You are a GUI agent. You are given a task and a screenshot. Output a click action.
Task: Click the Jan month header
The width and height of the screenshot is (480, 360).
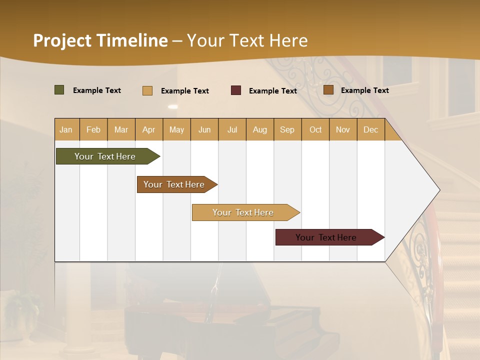pyautogui.click(x=66, y=129)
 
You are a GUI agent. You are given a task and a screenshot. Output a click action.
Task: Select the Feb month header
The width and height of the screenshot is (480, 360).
pyautogui.click(x=93, y=129)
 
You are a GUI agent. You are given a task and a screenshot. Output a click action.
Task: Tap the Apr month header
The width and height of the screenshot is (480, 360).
pyautogui.click(x=148, y=129)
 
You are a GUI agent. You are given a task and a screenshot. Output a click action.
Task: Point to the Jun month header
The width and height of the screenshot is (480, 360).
pyautogui.click(x=204, y=129)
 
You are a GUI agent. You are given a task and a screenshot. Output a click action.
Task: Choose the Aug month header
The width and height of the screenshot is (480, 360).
pyautogui.click(x=259, y=129)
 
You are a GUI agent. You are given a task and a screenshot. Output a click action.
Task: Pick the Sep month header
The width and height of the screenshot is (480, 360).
pyautogui.click(x=287, y=129)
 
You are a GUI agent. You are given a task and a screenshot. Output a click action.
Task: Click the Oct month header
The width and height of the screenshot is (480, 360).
pyautogui.click(x=315, y=129)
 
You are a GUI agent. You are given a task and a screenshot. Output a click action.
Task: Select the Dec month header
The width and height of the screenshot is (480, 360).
pyautogui.click(x=370, y=129)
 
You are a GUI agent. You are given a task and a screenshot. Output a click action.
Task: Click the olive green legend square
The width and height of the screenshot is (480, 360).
pyautogui.click(x=59, y=90)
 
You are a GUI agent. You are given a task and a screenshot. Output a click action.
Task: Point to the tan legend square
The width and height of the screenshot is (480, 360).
pyautogui.click(x=147, y=90)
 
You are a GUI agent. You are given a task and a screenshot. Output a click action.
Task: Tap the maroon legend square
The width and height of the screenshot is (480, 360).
pyautogui.click(x=236, y=90)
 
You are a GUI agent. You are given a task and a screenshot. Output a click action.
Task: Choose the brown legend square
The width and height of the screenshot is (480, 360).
pyautogui.click(x=328, y=90)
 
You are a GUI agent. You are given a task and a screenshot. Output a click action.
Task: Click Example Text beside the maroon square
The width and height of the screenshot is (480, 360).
pyautogui.click(x=272, y=91)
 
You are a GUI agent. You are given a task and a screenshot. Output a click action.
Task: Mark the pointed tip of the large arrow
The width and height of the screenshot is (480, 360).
pyautogui.click(x=439, y=190)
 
